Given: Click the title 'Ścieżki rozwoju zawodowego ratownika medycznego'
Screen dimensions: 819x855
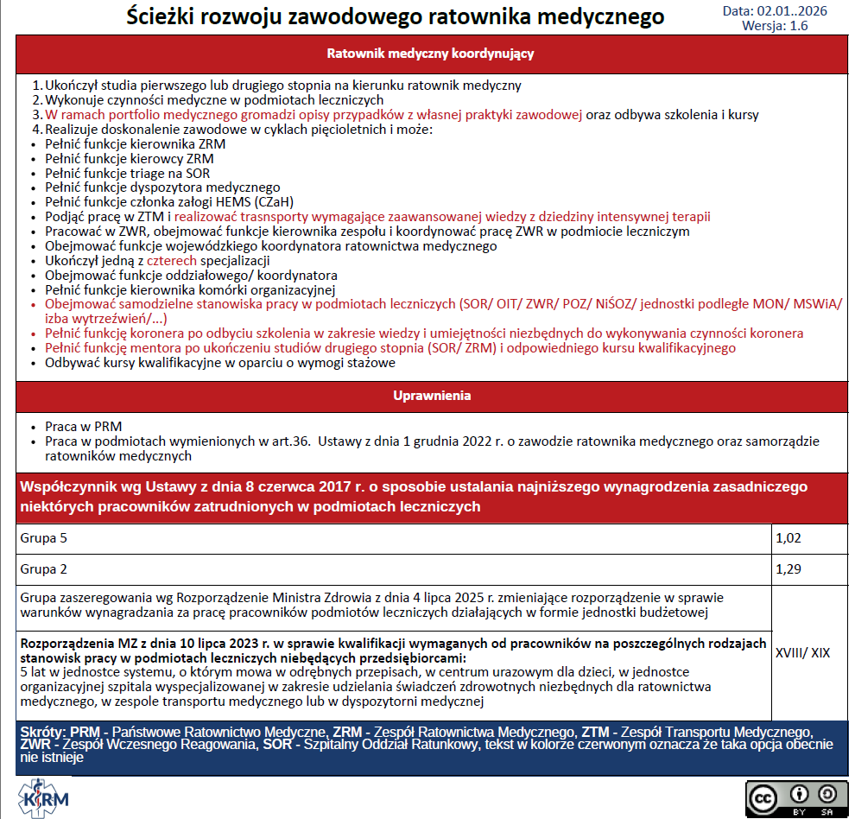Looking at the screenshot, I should click(x=396, y=16).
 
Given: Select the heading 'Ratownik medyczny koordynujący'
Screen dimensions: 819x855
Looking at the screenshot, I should click(x=430, y=54).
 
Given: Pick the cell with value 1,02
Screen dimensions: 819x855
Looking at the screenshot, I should click(x=789, y=538).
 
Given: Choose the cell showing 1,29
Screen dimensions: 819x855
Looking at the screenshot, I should click(x=789, y=569).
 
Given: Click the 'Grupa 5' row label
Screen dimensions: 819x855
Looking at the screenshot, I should click(x=43, y=538).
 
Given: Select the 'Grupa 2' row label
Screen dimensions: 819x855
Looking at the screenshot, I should click(x=43, y=569).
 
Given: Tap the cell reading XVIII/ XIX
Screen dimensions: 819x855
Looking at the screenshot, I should click(x=803, y=652).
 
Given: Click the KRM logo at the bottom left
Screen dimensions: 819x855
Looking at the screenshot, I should click(x=42, y=795).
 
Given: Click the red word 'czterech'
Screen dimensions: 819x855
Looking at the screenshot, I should click(x=172, y=260).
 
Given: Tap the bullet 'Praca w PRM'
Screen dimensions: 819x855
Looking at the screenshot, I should click(x=84, y=427).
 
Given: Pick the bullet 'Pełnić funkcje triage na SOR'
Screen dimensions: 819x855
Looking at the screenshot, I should click(x=128, y=173).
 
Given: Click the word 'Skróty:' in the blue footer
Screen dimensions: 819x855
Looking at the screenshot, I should click(x=43, y=733).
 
